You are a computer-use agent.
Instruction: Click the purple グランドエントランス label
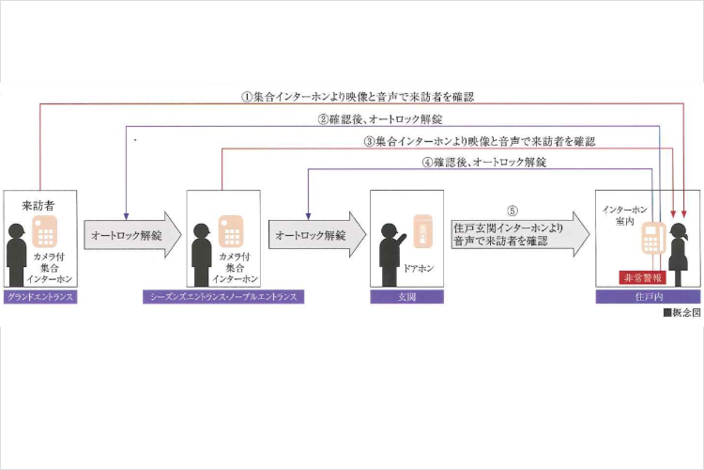tap(38, 297)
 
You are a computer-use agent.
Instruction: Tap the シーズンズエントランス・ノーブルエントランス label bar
tap(223, 297)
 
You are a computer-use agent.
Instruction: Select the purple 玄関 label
tap(406, 297)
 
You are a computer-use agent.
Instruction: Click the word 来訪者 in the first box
tap(38, 204)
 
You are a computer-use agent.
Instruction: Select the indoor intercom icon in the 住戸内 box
tap(653, 240)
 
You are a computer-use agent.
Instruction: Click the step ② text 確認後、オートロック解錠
tap(379, 119)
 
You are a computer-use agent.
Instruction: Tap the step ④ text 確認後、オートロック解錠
tap(484, 162)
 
